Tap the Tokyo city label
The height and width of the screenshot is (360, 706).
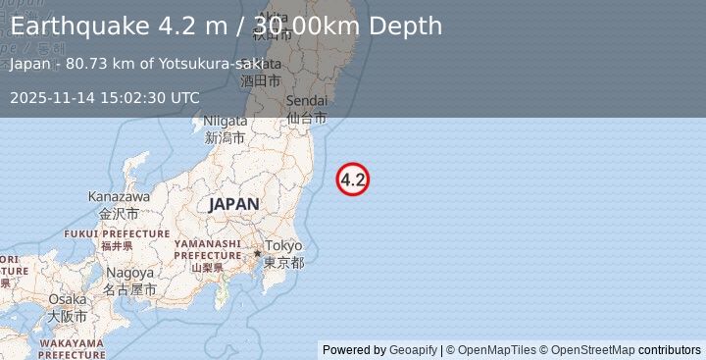[283, 245]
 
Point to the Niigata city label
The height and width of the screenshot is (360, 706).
[224, 122]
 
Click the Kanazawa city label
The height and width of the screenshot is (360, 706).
[119, 196]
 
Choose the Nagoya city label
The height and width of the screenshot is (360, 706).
[130, 272]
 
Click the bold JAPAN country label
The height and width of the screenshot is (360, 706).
[233, 204]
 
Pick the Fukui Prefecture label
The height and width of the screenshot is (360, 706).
[117, 233]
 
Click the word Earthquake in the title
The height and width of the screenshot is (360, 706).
[78, 26]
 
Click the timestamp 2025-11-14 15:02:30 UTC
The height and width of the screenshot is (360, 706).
[105, 97]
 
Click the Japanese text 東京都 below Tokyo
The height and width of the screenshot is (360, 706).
[283, 263]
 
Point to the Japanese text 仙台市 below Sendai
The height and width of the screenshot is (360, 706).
[306, 118]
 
